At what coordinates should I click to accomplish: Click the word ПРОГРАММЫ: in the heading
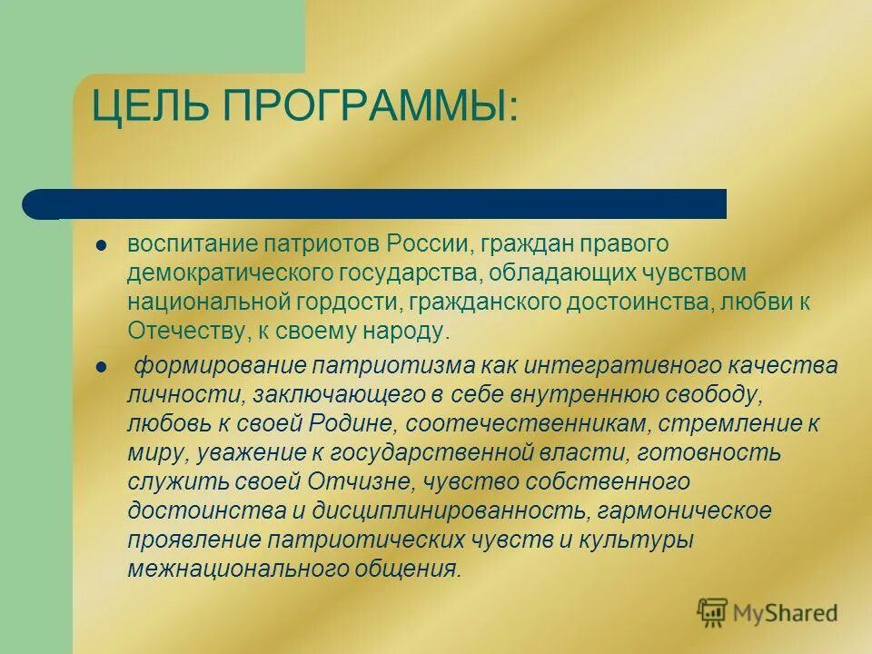click(x=368, y=110)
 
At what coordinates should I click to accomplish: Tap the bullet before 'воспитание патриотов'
click(x=102, y=245)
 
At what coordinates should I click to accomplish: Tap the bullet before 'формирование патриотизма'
click(x=102, y=367)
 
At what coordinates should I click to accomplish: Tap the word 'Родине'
click(x=349, y=423)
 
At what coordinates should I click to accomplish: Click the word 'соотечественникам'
click(x=527, y=423)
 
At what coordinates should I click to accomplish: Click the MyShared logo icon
click(x=713, y=612)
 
